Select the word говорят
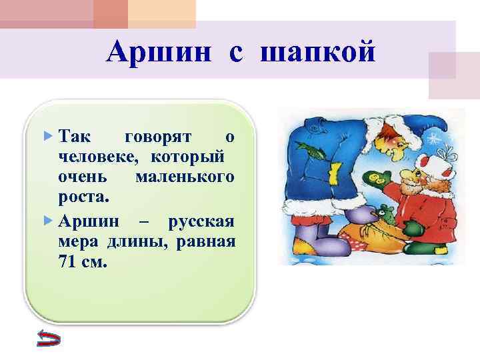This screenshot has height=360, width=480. tap(158, 137)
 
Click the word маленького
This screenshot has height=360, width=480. tap(184, 177)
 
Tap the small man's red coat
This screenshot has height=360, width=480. tap(433, 213)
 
